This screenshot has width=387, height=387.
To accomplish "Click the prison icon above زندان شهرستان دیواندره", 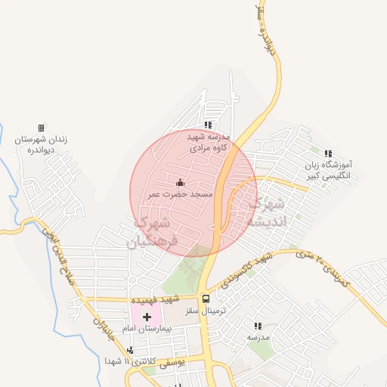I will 41,128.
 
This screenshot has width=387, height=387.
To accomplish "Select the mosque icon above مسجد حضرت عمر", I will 180,182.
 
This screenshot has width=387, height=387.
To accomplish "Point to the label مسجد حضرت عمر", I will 180,195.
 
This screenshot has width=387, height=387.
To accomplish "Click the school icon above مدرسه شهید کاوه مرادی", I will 207,125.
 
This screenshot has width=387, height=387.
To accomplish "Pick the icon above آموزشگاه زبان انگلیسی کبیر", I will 328,153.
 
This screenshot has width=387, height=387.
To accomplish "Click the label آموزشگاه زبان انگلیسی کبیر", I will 329,170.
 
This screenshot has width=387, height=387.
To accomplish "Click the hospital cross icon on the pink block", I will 147,315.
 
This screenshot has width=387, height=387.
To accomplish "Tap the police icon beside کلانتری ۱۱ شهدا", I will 132,350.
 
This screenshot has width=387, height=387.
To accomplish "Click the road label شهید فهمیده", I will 175,299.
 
